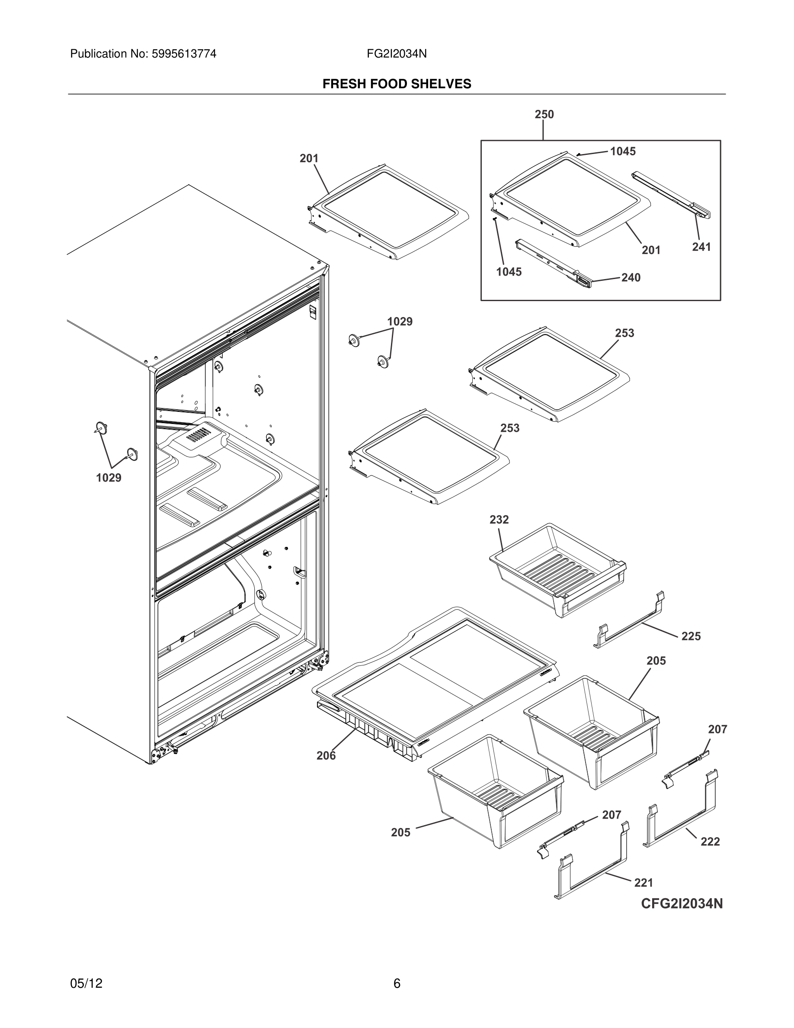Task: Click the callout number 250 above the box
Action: coord(544,114)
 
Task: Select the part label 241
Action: coord(701,247)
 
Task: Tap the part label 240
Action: coord(631,278)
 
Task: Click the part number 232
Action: coord(499,520)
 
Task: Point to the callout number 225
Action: coord(691,636)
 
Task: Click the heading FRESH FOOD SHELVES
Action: coord(397,84)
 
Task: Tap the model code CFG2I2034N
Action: coord(682,917)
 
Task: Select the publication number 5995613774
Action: coord(183,54)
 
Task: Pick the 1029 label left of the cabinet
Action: coord(109,478)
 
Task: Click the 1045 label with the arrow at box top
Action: coord(623,151)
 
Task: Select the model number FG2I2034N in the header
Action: coord(397,54)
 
